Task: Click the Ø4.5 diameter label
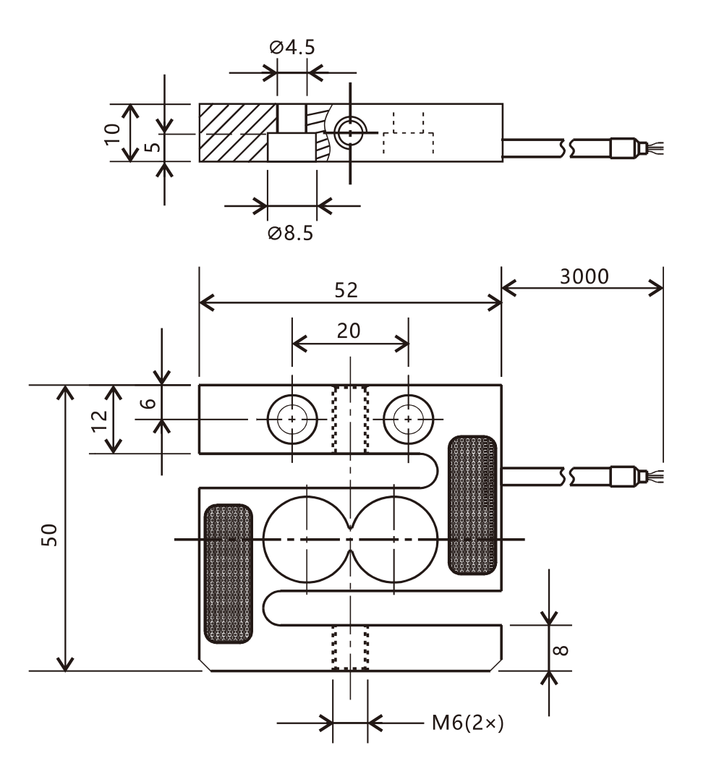click(292, 48)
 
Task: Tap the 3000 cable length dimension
click(584, 276)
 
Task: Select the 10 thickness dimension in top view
click(111, 133)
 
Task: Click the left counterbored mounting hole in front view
click(292, 419)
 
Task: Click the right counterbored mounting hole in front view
click(409, 419)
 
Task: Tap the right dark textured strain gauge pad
click(473, 505)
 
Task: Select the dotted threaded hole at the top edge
click(349, 420)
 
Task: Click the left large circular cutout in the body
click(307, 539)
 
